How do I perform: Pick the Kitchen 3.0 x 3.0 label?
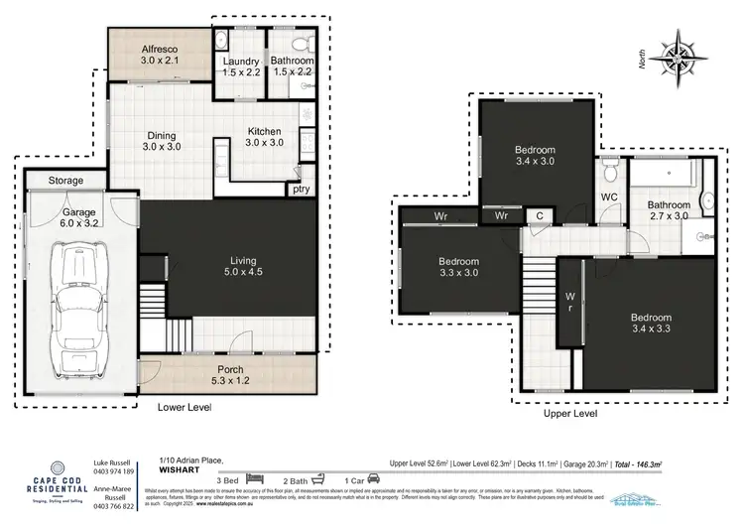tap(263, 137)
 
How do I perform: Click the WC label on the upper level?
tap(609, 197)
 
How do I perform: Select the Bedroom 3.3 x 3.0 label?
tap(458, 268)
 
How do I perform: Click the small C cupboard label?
tap(540, 214)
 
